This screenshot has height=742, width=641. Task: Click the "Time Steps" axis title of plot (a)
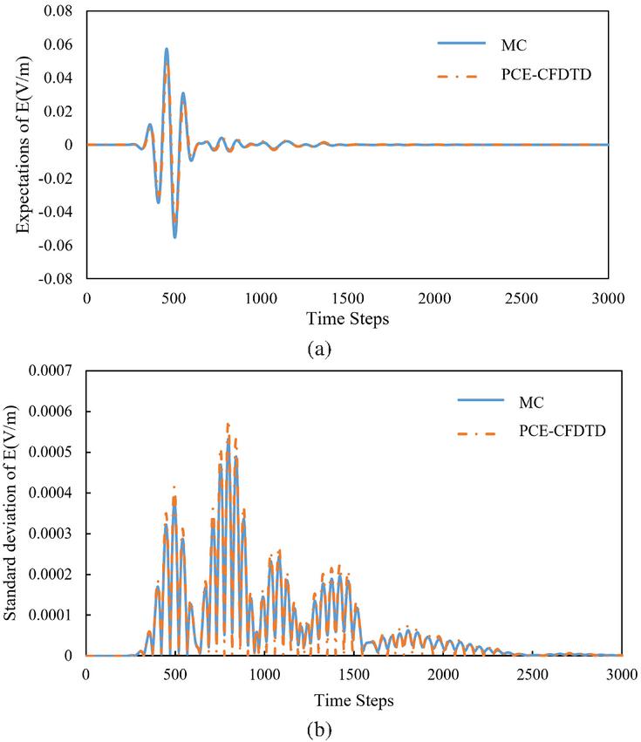pyautogui.click(x=347, y=319)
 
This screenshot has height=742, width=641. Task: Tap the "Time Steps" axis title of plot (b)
pyautogui.click(x=353, y=699)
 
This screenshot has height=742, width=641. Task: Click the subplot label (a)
pyautogui.click(x=320, y=350)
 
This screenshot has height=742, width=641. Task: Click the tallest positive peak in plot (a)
pyautogui.click(x=167, y=49)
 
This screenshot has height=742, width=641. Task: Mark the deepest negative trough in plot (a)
pyautogui.click(x=174, y=237)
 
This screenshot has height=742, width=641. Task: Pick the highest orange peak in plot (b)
pyautogui.click(x=228, y=424)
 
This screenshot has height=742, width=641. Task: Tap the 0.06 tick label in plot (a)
pyautogui.click(x=64, y=44)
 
